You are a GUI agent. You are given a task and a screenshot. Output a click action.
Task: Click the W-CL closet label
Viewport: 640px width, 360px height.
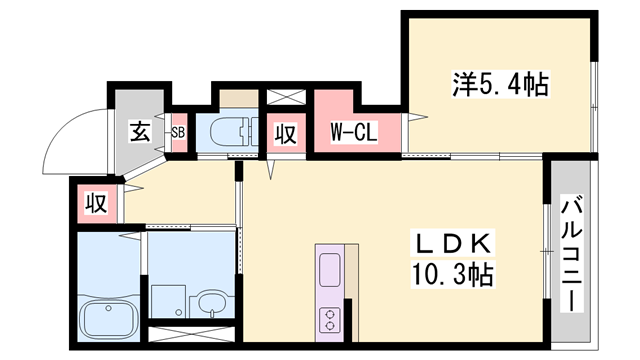click(353, 132)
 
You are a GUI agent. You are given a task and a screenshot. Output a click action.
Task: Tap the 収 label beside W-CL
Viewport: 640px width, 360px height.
click(285, 133)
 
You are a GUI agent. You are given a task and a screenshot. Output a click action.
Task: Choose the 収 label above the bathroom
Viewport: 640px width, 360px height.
click(95, 204)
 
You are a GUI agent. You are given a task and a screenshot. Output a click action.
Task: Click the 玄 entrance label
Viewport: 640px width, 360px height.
click(139, 131)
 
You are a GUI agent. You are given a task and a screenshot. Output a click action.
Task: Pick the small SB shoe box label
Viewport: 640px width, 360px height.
click(178, 131)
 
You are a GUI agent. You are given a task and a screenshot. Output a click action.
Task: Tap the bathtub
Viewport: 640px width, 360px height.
click(108, 318)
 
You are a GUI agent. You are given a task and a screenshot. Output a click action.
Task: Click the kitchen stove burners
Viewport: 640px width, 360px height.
click(330, 320)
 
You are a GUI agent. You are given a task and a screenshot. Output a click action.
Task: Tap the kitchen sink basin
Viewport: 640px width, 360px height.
click(329, 268)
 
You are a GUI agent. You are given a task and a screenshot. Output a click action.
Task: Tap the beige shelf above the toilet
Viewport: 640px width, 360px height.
click(239, 98)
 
